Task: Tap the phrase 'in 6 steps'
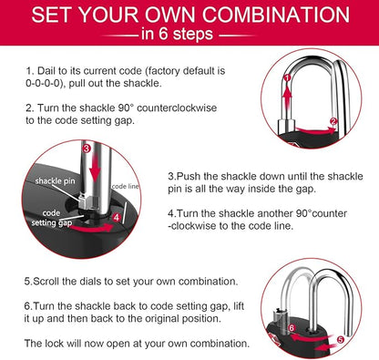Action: pos(189,36)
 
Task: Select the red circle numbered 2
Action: pos(334,120)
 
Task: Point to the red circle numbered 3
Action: pos(86,147)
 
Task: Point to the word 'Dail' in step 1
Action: pos(48,69)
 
